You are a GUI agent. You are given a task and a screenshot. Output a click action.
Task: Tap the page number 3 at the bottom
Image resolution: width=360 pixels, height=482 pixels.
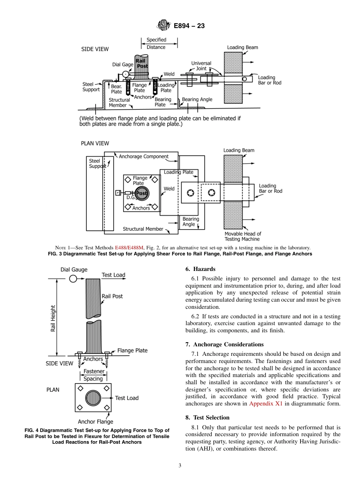click(x=180, y=466)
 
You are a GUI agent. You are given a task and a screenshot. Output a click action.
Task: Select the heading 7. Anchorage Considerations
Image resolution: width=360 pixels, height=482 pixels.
click(x=224, y=344)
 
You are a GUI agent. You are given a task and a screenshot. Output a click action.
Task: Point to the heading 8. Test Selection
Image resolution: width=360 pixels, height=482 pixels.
click(x=207, y=418)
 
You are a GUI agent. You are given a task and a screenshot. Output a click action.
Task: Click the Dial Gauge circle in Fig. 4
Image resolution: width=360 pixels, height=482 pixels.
click(x=73, y=279)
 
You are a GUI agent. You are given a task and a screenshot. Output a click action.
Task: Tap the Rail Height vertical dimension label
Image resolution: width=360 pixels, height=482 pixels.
click(x=53, y=318)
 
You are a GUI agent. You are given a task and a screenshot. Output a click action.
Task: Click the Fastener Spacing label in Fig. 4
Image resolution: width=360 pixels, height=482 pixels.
click(x=93, y=375)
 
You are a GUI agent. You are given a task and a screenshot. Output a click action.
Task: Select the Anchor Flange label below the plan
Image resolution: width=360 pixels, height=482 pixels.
click(x=95, y=421)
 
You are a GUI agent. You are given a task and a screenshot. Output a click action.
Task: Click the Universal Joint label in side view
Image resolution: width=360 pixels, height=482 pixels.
click(x=201, y=66)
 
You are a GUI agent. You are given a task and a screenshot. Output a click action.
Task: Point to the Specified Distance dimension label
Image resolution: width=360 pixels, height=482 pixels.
click(x=156, y=44)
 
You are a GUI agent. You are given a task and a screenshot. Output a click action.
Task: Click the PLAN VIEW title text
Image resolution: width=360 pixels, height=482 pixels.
click(x=95, y=143)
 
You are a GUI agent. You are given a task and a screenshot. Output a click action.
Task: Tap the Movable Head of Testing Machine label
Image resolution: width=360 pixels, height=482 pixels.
click(x=243, y=236)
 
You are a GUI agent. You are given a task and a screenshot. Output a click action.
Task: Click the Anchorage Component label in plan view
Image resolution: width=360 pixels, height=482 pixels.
click(x=144, y=156)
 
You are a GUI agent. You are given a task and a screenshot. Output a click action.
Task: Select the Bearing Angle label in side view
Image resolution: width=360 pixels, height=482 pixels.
click(x=197, y=99)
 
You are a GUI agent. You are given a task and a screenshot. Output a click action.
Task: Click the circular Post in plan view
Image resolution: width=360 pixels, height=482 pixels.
click(x=141, y=193)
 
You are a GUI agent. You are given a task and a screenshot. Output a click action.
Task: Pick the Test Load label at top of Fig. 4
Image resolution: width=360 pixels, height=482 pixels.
click(x=113, y=275)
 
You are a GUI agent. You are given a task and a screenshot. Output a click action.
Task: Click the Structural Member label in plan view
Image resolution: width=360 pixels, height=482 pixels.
click(x=143, y=229)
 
